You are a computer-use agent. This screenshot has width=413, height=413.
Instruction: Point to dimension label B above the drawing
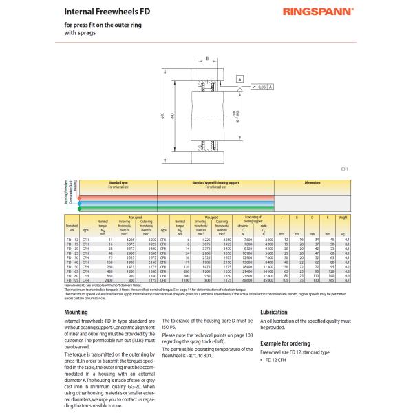(x=207, y=59)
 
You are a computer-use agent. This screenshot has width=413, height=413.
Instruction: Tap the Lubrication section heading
(x=274, y=312)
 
